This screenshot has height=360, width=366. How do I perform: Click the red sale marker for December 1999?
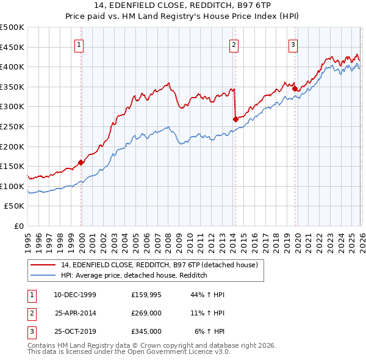click(81, 162)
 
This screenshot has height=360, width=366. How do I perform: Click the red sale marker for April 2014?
click(235, 119)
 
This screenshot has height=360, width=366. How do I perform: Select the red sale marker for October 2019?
click(295, 88)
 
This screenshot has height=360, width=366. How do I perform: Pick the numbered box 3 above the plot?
click(293, 44)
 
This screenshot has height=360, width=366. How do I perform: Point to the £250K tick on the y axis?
click(13, 126)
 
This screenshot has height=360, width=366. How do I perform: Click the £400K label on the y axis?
click(13, 67)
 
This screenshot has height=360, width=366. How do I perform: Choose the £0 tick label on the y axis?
click(18, 226)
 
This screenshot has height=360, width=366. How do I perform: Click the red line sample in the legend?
click(42, 265)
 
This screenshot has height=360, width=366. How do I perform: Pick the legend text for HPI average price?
click(134, 275)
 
